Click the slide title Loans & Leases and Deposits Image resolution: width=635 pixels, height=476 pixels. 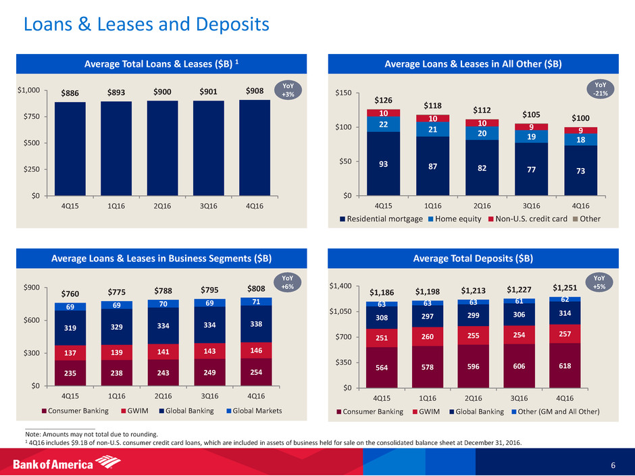(146, 26)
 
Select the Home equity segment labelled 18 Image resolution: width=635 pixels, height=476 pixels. (580, 139)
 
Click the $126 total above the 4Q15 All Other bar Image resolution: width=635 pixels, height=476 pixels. (382, 100)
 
